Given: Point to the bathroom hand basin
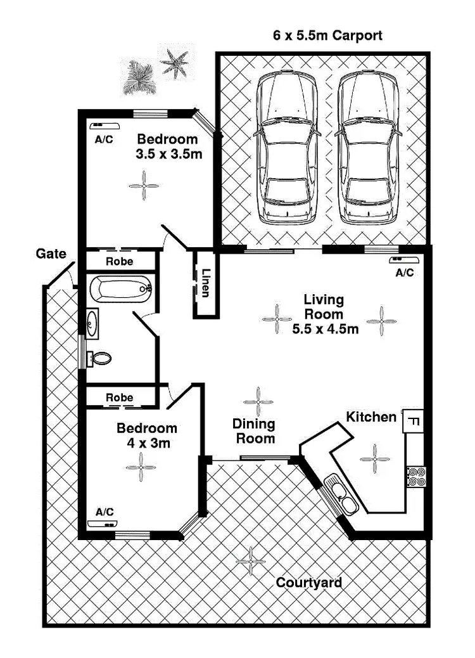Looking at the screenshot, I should (92, 324).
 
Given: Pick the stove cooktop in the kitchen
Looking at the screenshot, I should (415, 476).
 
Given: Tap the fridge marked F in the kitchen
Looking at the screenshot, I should (412, 420).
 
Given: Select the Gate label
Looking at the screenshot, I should (51, 254).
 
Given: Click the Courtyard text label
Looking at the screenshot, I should (309, 583).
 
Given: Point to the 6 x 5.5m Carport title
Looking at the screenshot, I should (327, 35).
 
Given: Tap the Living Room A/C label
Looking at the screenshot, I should (404, 273).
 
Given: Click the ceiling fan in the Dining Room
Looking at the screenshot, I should (258, 401).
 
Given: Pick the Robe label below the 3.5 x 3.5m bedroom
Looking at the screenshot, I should (119, 261).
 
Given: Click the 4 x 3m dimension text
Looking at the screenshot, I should (146, 443).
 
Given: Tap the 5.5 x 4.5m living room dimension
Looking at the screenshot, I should (326, 329).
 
